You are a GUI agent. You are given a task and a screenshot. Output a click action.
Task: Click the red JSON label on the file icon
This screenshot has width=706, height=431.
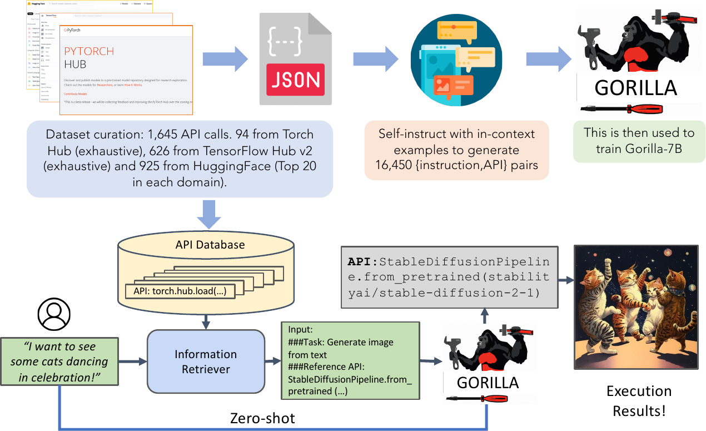[x=295, y=80]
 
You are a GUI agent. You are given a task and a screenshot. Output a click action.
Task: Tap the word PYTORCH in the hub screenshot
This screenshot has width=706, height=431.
[x=89, y=51]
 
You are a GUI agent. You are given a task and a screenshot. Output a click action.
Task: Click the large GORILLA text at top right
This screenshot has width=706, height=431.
[x=635, y=88]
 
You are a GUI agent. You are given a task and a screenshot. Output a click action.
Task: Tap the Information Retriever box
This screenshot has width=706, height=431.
[x=205, y=361]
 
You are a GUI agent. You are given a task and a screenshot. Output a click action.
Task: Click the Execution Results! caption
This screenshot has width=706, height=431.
[x=639, y=400]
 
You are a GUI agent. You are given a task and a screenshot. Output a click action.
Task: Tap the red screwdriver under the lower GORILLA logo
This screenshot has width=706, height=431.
[x=487, y=398]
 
